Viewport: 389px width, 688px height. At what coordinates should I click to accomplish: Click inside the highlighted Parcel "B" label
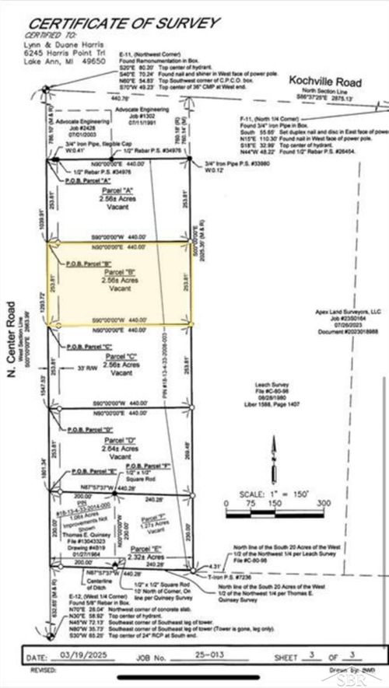click(x=120, y=281)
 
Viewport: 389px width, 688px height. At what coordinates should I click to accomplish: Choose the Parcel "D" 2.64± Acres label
click(x=120, y=446)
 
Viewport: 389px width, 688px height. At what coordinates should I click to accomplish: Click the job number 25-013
click(x=209, y=658)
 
